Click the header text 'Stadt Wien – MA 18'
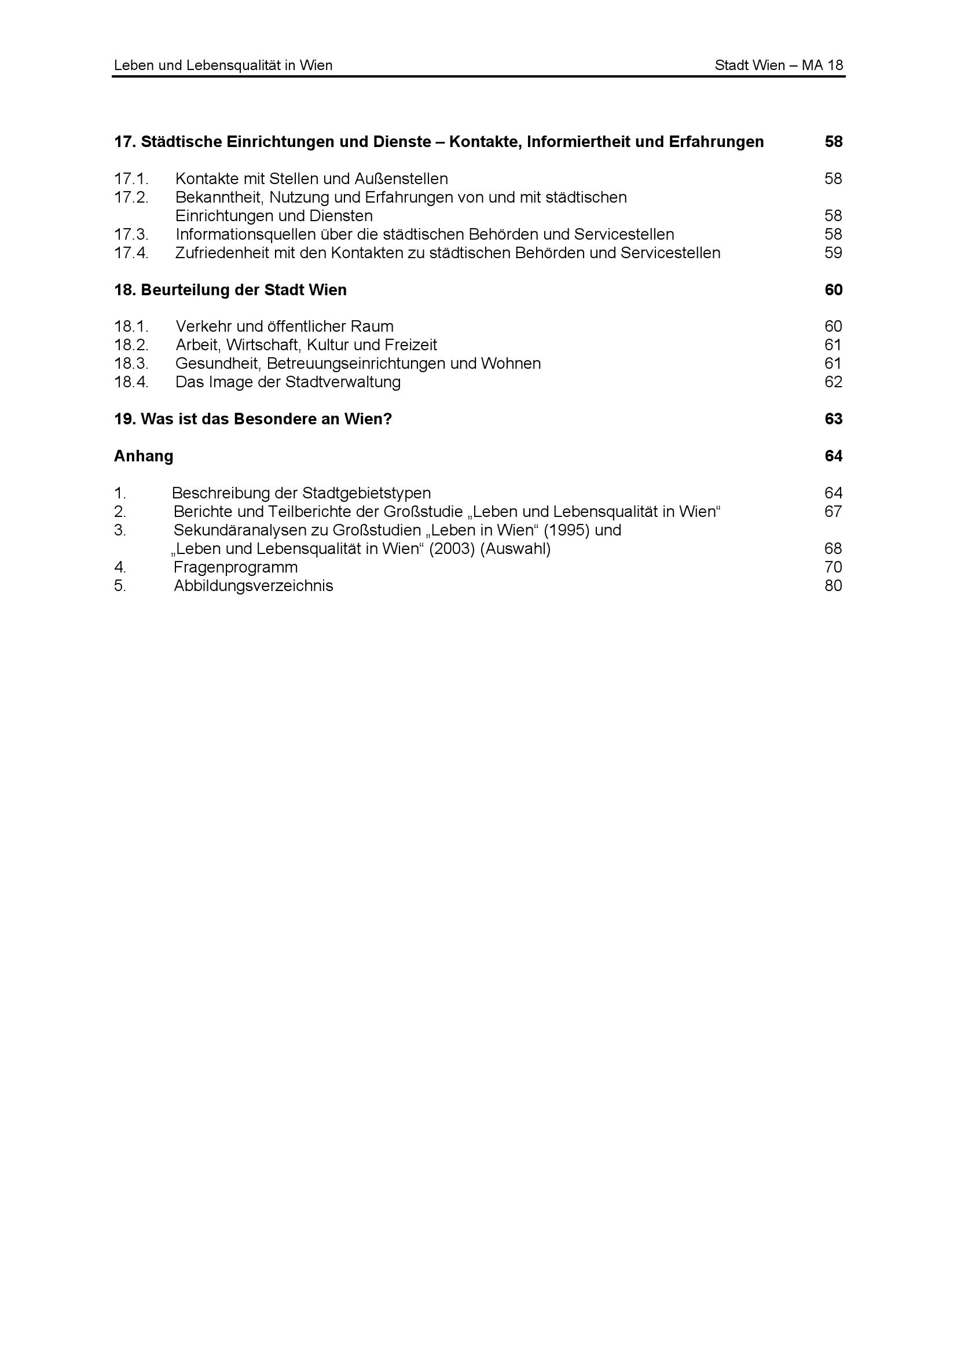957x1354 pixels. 778,65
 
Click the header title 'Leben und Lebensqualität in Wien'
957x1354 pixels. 223,65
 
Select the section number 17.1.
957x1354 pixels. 131,179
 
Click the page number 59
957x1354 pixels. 833,253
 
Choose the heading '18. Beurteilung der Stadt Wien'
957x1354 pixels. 230,290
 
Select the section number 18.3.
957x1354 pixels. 131,364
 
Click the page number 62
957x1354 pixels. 833,382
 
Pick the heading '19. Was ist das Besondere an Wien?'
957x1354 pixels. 252,419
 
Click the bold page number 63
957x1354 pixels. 833,419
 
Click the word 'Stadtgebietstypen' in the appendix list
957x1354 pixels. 366,493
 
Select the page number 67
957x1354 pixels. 833,512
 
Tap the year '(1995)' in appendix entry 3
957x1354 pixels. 567,530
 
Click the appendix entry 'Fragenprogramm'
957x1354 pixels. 235,567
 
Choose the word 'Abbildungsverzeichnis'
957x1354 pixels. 253,586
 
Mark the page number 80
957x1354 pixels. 833,586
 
